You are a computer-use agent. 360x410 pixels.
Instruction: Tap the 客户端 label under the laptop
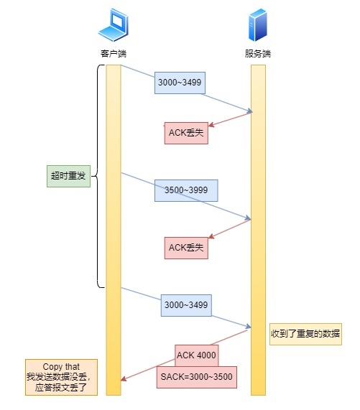[114, 54]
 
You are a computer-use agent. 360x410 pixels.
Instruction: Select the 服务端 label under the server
[258, 54]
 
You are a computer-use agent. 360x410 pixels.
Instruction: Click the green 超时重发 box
[68, 175]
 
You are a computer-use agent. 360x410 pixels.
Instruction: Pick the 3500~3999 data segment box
[186, 190]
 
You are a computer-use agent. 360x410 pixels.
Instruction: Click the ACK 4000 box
[196, 355]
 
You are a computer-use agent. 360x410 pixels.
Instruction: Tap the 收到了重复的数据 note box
[305, 334]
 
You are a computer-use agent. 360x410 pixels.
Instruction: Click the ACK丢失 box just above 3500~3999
[186, 133]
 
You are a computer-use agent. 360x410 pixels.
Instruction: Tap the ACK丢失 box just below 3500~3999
[186, 248]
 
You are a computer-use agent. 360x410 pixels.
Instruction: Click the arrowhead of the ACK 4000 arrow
[124, 378]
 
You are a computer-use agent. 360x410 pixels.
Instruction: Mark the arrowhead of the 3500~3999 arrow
[248, 218]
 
